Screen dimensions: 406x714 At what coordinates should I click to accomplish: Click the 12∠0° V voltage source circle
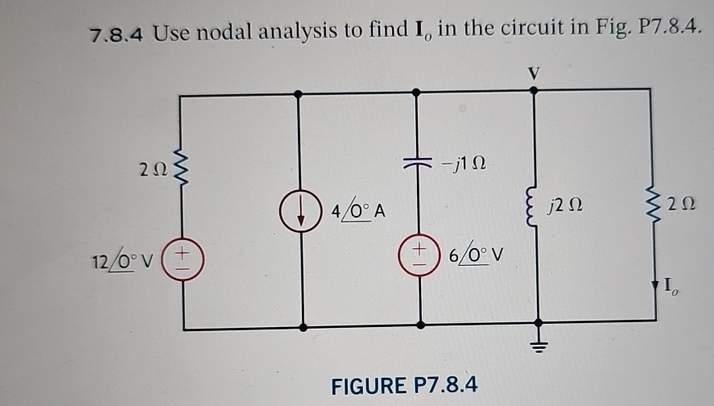click(x=183, y=257)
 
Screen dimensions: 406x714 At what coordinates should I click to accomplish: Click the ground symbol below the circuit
click(x=534, y=345)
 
